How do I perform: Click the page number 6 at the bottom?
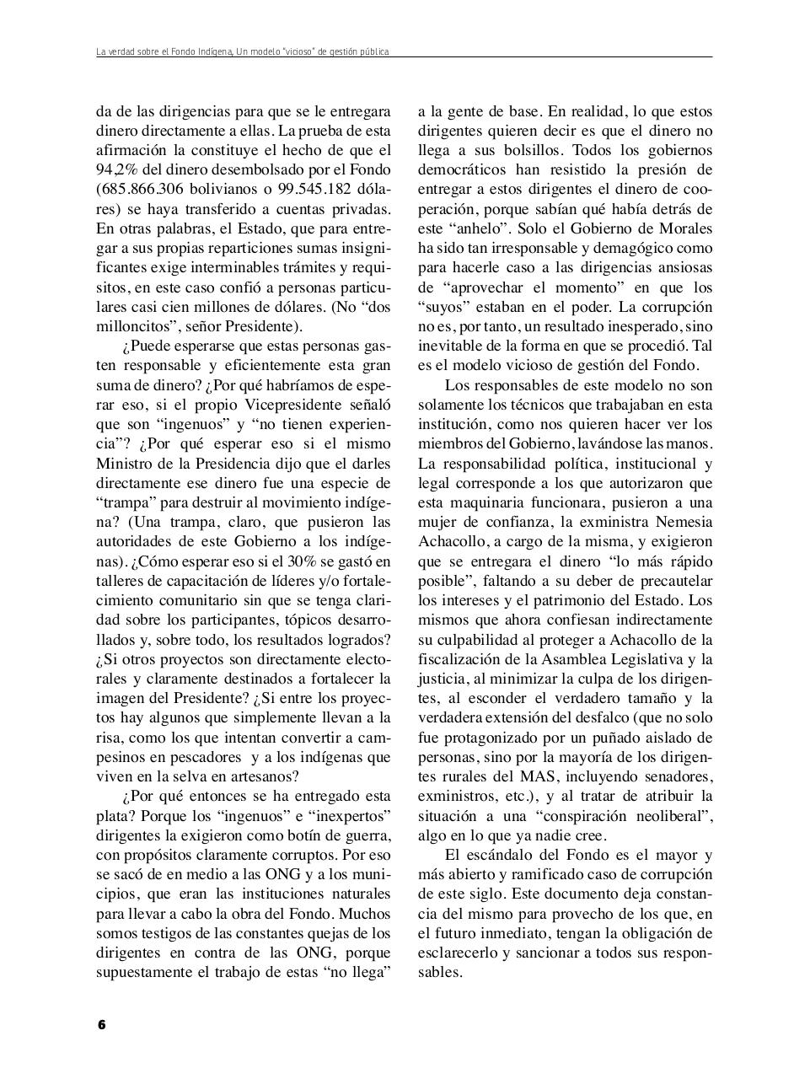coord(101,1025)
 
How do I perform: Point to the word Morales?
coord(684,228)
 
